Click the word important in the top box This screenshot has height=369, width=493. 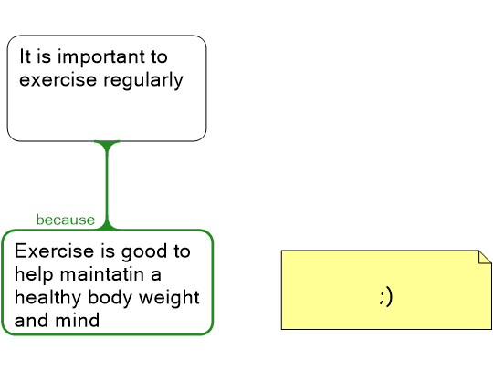tap(101, 58)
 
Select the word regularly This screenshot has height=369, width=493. tap(143, 81)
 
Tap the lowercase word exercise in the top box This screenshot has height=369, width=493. tap(58, 79)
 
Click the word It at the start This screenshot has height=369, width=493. tap(26, 56)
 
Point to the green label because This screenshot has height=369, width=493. tap(66, 220)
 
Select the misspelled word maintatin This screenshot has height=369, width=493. tap(102, 274)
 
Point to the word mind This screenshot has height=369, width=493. tap(78, 321)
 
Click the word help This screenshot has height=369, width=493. tap(34, 275)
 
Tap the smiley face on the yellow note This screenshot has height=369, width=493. tap(386, 297)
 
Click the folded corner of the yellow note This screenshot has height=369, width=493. tap(485, 257)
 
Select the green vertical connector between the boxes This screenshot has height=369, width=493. tap(107, 186)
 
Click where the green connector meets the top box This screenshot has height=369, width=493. tap(107, 141)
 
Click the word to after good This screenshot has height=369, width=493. tap(182, 251)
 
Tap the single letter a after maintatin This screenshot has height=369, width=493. tap(155, 275)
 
